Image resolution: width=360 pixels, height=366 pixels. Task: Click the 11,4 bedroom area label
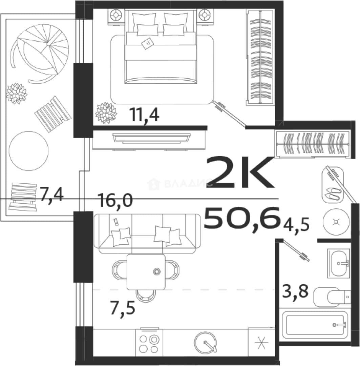[145, 115]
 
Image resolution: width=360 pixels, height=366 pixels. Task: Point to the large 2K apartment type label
[240, 173]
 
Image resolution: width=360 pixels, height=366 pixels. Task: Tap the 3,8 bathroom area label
[295, 291]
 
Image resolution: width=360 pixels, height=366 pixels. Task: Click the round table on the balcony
[29, 151]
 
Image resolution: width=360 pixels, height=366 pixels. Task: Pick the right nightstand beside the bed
[205, 16]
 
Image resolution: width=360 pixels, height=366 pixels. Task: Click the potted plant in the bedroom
[106, 113]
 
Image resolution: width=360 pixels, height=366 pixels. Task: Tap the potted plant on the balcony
[16, 94]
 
